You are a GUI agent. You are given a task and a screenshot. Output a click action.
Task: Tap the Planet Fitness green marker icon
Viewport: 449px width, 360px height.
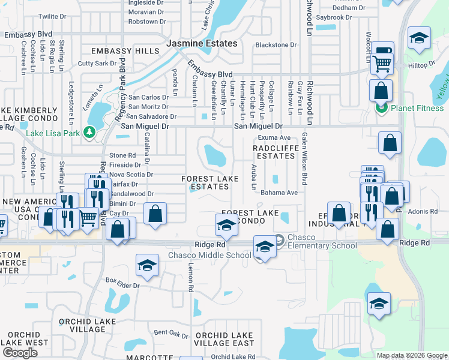click(380, 108)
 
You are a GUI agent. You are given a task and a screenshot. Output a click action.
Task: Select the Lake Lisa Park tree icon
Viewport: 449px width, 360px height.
click(90, 131)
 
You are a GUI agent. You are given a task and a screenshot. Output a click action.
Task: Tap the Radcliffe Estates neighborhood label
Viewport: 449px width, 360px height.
click(274, 151)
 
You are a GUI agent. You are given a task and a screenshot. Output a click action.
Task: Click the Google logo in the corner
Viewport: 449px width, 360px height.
click(20, 353)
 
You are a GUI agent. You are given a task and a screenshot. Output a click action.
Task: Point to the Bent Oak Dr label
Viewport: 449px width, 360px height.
click(171, 332)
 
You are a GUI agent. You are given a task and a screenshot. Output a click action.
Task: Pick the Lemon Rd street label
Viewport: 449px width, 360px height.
click(190, 280)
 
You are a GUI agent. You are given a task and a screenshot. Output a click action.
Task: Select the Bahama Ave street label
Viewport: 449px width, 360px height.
click(279, 193)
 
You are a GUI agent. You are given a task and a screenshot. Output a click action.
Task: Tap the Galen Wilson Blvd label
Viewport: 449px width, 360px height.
click(304, 159)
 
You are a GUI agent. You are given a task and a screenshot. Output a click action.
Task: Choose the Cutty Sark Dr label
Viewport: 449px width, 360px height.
click(97, 63)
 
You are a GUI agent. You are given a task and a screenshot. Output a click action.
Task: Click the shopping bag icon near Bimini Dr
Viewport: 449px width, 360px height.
click(155, 215)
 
